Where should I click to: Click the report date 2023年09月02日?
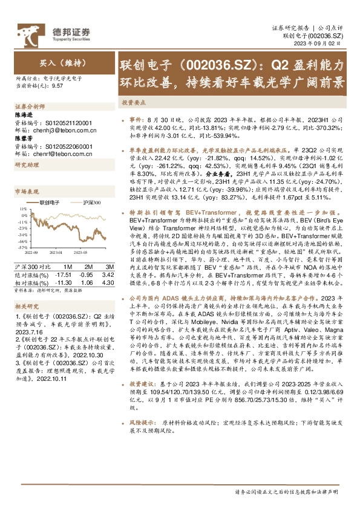[x=319, y=44]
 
